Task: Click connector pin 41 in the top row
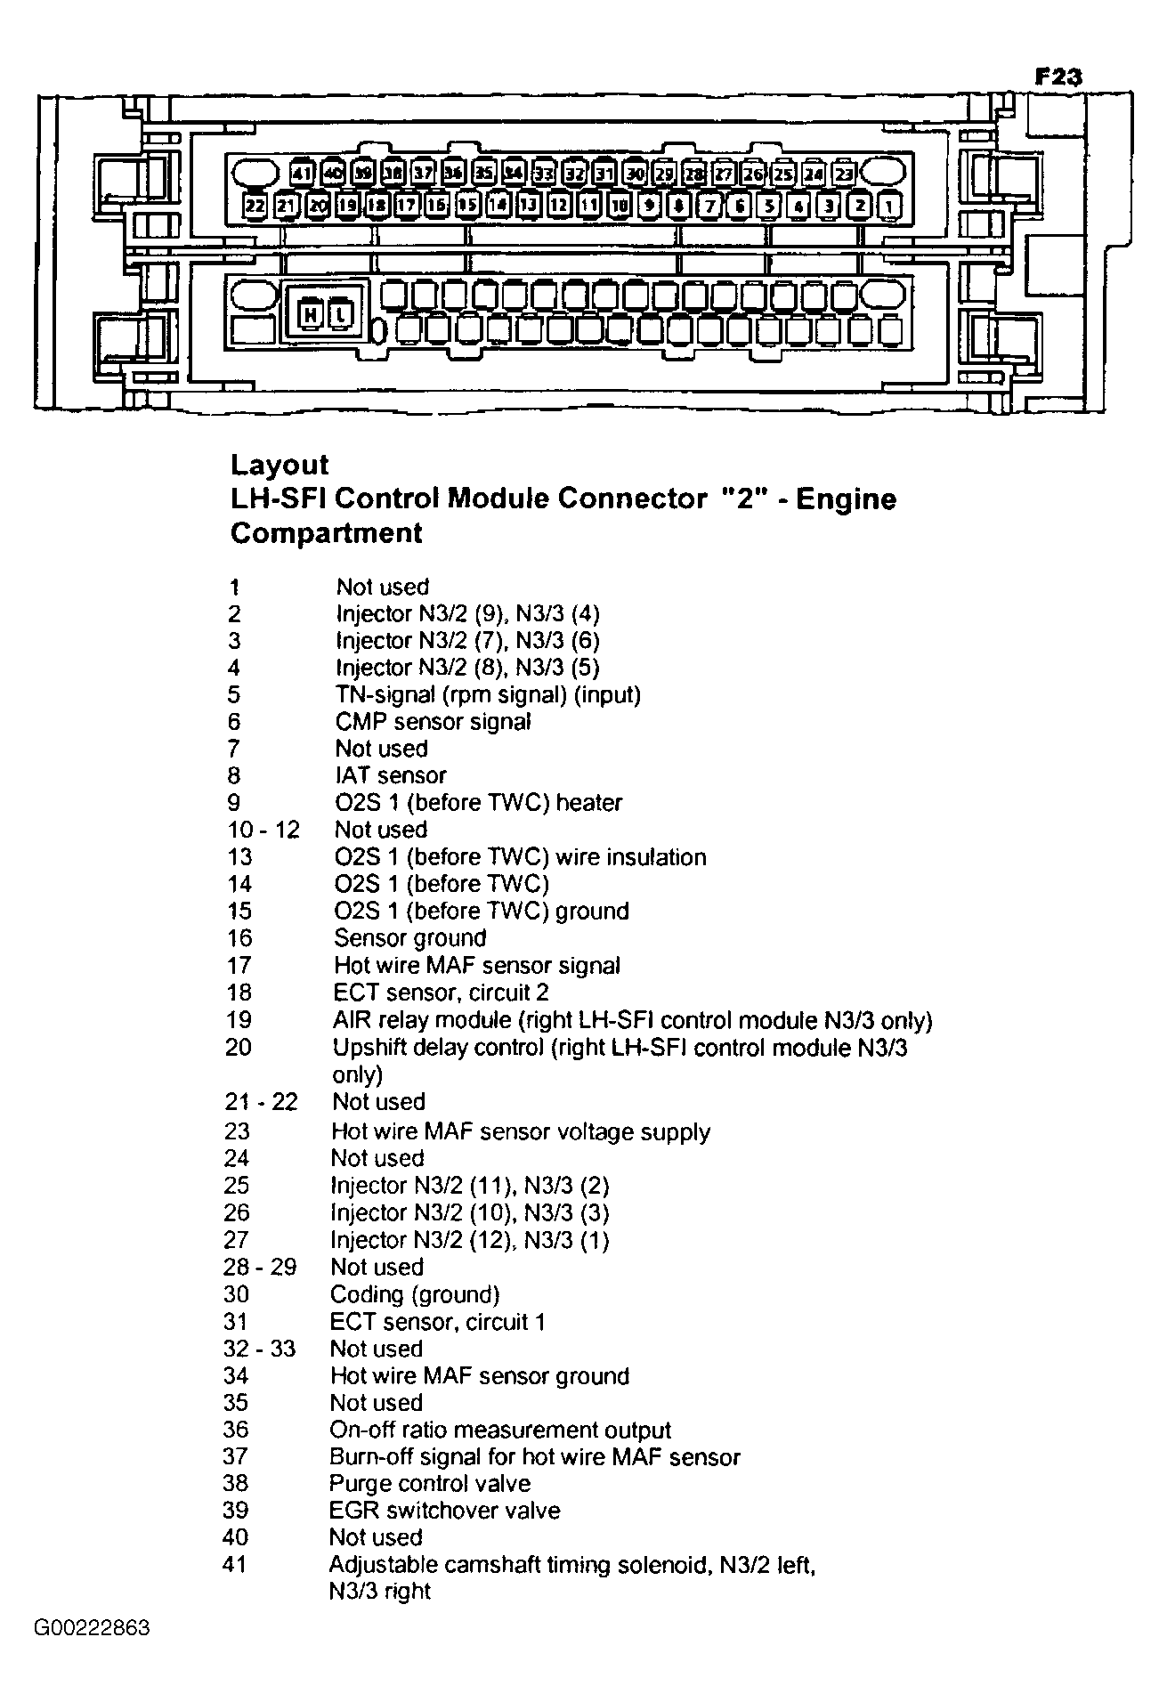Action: [x=304, y=173]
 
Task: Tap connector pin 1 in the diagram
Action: [x=889, y=207]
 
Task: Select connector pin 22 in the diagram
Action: [x=255, y=206]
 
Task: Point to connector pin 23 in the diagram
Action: [x=843, y=174]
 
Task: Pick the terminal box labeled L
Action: [x=342, y=313]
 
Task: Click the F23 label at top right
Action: [x=1058, y=77]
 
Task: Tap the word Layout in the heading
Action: [x=279, y=465]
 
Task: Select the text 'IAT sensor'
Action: [x=390, y=775]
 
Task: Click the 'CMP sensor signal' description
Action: [x=433, y=721]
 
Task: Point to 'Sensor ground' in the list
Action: [x=409, y=937]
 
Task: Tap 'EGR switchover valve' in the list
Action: [x=444, y=1510]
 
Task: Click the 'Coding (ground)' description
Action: [x=414, y=1294]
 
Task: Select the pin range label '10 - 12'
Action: [x=263, y=830]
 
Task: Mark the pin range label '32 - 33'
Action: [x=259, y=1349]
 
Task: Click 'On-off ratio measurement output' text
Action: [x=499, y=1430]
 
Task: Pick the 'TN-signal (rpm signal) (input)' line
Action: [x=488, y=694]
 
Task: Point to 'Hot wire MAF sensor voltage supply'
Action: [x=520, y=1131]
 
